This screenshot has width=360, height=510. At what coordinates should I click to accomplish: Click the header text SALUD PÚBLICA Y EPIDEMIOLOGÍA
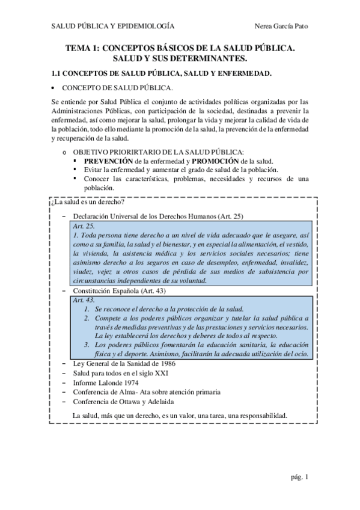113,26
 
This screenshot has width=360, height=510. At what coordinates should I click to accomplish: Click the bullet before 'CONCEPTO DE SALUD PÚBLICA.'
53,88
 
